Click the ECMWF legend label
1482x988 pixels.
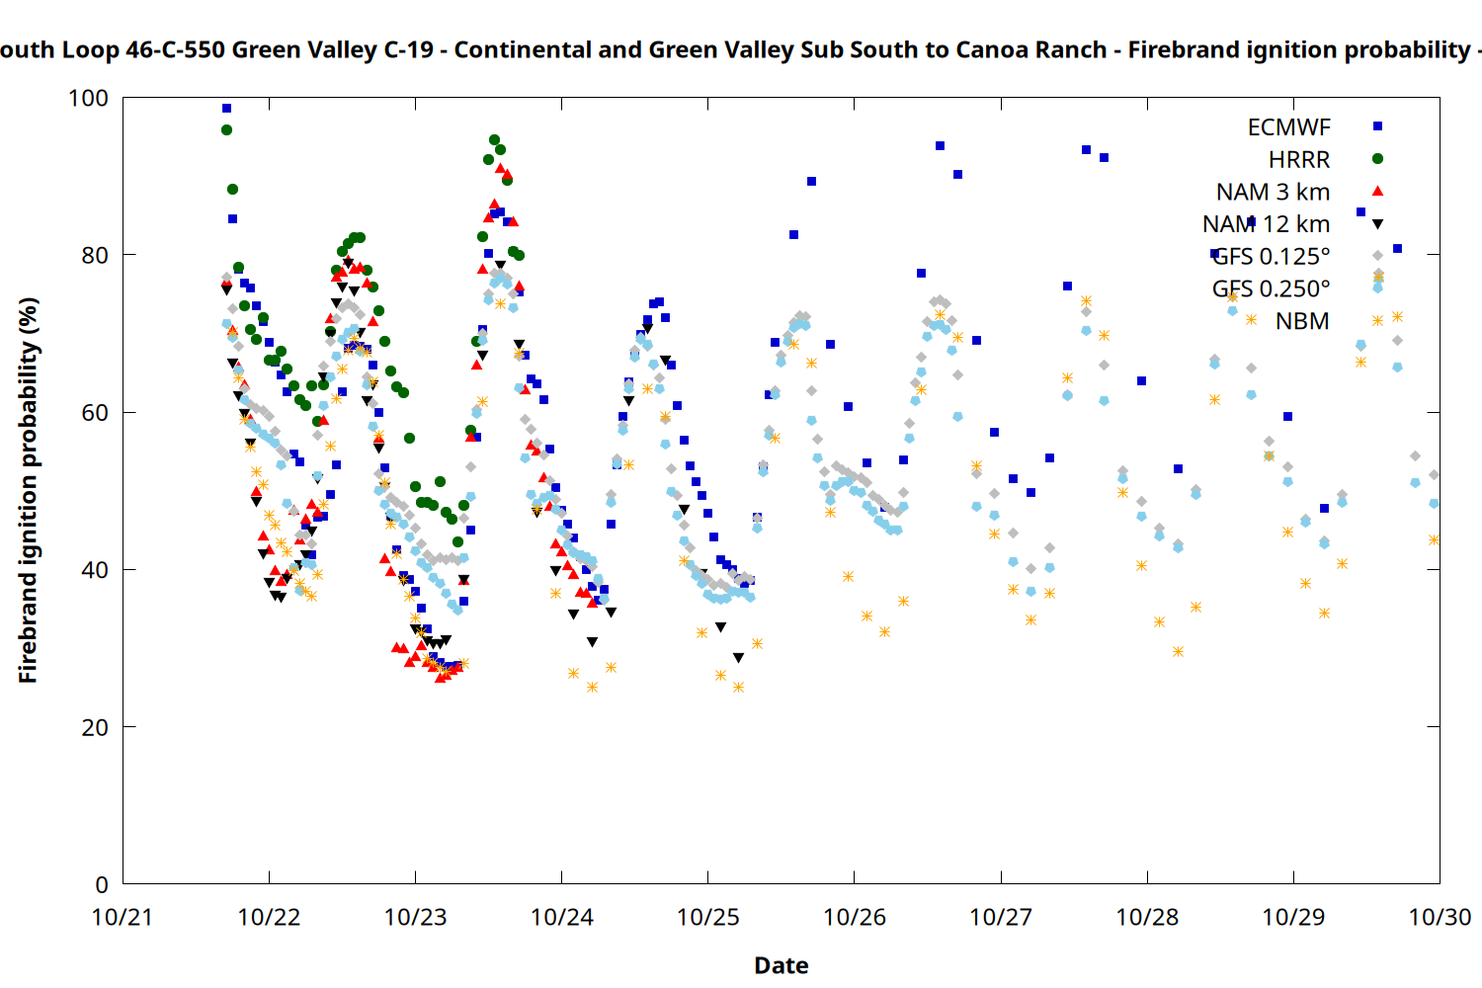click(x=1288, y=127)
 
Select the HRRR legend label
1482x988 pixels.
click(x=1299, y=160)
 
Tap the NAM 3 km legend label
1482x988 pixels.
click(x=1273, y=192)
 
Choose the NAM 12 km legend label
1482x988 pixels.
click(x=1266, y=224)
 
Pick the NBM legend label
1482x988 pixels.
click(x=1302, y=321)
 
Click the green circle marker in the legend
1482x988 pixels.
click(x=1377, y=159)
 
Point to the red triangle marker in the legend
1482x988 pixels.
click(x=1377, y=191)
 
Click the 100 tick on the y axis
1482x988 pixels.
click(x=88, y=99)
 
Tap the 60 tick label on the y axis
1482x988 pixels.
click(x=95, y=413)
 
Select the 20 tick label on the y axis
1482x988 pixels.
click(x=95, y=728)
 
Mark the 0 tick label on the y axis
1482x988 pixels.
click(x=102, y=885)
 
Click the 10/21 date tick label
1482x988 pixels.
click(x=123, y=918)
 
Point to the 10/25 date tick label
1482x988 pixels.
click(x=708, y=918)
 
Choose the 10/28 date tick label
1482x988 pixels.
click(x=1147, y=918)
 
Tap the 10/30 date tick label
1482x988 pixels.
click(x=1440, y=918)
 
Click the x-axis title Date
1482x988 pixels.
click(x=781, y=965)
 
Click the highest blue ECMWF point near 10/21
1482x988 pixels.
click(x=226, y=109)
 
